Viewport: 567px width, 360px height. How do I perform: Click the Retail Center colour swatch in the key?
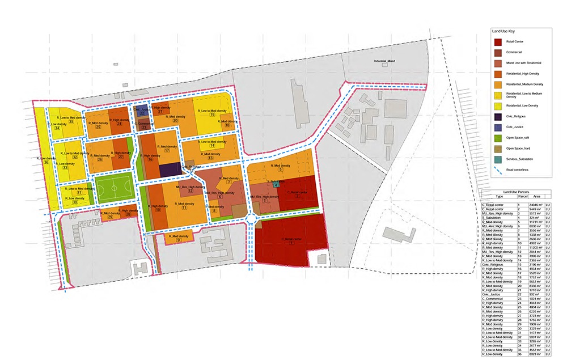[x=498, y=41]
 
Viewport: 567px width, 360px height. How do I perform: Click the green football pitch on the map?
[x=112, y=188]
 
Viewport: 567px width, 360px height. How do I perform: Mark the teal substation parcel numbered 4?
[x=276, y=184]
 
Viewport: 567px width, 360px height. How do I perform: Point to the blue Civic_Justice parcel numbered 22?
[x=142, y=112]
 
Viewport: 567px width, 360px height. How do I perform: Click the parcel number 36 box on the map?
[x=46, y=163]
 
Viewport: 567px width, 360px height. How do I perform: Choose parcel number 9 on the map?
[x=179, y=240]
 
